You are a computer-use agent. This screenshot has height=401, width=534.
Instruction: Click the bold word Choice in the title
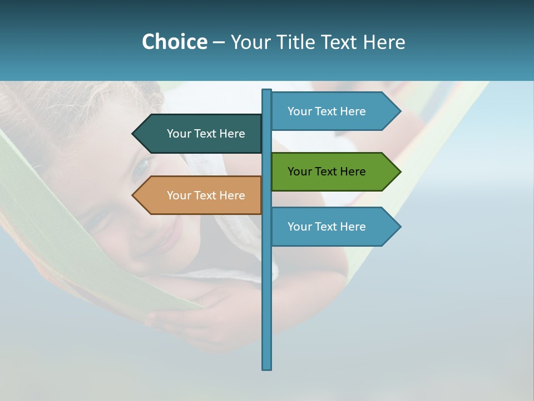(x=174, y=42)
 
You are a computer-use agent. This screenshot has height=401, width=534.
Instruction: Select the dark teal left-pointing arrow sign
(x=197, y=134)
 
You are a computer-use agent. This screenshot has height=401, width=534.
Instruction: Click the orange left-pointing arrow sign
(x=197, y=195)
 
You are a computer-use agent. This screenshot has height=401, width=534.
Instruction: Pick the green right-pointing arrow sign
(x=334, y=172)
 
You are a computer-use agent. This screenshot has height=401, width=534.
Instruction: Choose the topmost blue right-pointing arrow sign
(x=334, y=111)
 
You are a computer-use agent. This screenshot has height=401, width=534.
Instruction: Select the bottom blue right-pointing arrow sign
(x=334, y=227)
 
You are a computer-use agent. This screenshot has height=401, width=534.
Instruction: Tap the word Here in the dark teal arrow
(x=233, y=134)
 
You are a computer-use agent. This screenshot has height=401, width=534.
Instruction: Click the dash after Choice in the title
(x=219, y=42)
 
